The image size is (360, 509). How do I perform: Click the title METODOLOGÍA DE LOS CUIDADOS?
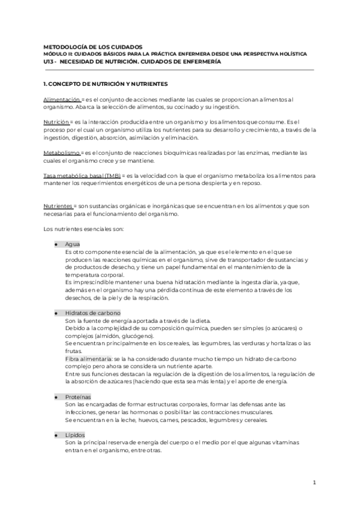[x=93, y=46]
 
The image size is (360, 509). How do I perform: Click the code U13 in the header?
[x=50, y=61]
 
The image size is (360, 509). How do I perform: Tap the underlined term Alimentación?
[x=61, y=98]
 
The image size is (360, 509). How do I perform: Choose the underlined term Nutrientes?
[x=58, y=206]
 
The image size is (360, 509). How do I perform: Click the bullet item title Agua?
[x=73, y=244]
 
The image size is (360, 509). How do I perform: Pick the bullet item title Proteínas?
[x=78, y=397]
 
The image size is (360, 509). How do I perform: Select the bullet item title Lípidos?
[x=75, y=435]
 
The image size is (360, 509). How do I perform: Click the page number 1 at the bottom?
[x=314, y=483]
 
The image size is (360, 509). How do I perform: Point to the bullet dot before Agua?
[x=56, y=244]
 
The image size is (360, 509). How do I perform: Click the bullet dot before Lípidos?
[x=56, y=435]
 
